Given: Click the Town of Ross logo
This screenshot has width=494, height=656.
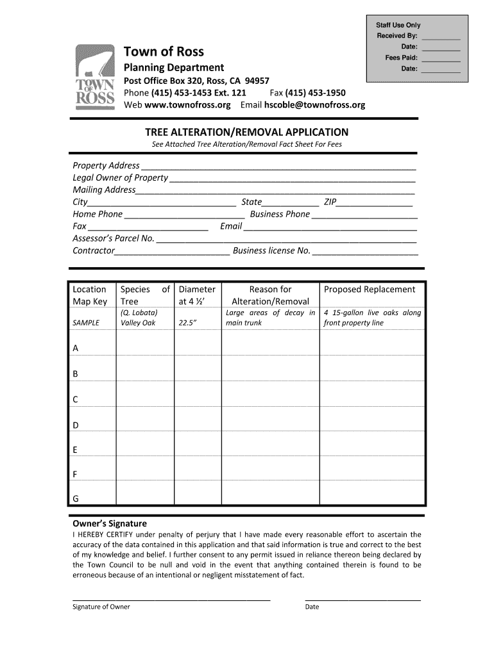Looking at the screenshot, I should point(95,78).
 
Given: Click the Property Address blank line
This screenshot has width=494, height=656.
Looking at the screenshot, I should point(278,166).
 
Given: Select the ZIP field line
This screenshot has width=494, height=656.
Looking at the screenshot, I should point(375,202).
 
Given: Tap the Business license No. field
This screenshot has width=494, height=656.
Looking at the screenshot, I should point(365,251).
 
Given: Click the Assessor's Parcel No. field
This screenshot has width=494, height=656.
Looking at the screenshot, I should point(287,239).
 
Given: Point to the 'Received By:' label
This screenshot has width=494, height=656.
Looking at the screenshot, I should point(397,36).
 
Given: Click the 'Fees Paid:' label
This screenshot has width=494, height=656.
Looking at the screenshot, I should point(402,58).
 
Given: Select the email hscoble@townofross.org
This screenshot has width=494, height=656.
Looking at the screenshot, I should point(311,104).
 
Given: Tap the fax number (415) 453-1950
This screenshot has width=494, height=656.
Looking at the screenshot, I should point(316,92).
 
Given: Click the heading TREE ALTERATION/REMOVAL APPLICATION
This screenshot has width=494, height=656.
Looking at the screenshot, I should point(246,132).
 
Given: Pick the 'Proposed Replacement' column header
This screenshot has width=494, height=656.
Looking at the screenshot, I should point(370,290).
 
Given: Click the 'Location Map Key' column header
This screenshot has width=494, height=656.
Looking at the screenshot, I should point(90,295).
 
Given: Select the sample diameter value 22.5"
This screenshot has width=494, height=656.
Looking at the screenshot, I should point(187,323).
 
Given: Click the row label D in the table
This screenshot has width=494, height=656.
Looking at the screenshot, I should point(76,425).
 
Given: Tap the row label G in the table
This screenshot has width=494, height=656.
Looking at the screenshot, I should point(76,499).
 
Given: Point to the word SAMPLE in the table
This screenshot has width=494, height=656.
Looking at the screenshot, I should point(86,323).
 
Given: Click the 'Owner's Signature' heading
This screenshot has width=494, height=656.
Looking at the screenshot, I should point(110,523).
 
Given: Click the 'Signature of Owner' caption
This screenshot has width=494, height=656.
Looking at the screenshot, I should point(101,607).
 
